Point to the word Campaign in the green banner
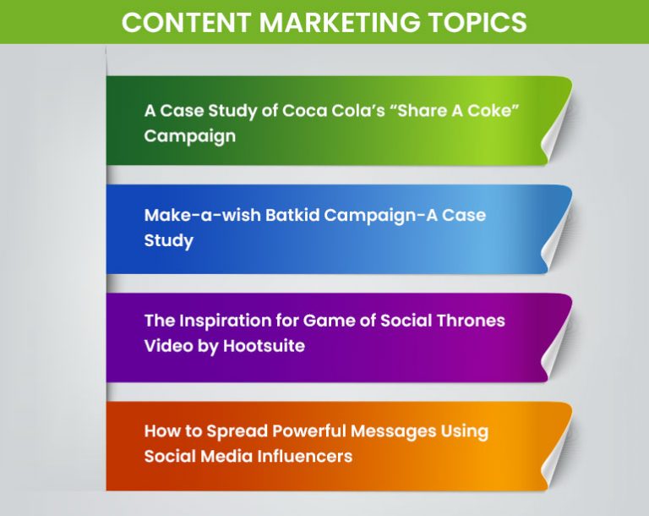coord(189,135)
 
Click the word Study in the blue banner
coord(169,240)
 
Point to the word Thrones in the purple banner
coord(469,321)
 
